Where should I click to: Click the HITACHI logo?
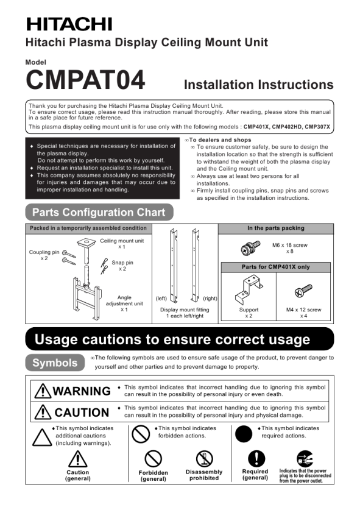pyautogui.click(x=69, y=24)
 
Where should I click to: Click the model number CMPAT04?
pyautogui.click(x=85, y=80)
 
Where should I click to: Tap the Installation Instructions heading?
pyautogui.click(x=258, y=85)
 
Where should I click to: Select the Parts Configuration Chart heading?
pyautogui.click(x=99, y=212)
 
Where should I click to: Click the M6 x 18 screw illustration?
pyautogui.click(x=250, y=248)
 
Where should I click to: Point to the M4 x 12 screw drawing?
pyautogui.click(x=303, y=290)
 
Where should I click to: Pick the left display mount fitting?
pyautogui.click(x=174, y=266)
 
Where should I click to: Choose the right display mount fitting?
pyautogui.click(x=195, y=266)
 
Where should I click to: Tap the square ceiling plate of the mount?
pyautogui.click(x=86, y=243)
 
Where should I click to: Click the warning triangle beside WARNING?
pyautogui.click(x=43, y=391)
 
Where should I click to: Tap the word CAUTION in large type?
pyautogui.click(x=82, y=413)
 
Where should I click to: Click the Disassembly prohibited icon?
pyautogui.click(x=204, y=459)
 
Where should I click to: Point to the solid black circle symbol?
pyautogui.click(x=243, y=434)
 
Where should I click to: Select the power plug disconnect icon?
pyautogui.click(x=305, y=459)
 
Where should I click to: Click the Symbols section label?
pyautogui.click(x=55, y=363)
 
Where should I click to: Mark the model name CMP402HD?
pyautogui.click(x=287, y=127)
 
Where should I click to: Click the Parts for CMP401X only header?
pyautogui.click(x=275, y=267)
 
